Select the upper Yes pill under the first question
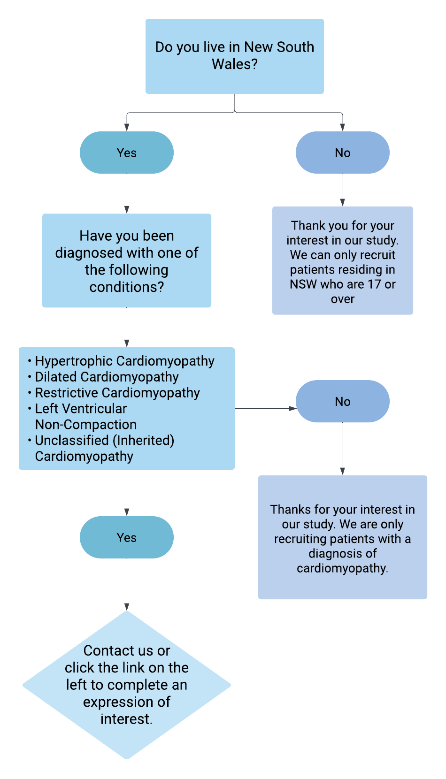coord(126,153)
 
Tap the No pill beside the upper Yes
coord(342,153)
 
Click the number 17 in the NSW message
coord(374,284)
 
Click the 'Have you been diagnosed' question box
coord(127,261)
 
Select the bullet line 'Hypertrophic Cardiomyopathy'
coord(124,361)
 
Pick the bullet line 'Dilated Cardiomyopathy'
coord(107,377)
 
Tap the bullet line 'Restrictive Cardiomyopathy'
coord(117,393)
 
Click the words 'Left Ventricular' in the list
coord(81,409)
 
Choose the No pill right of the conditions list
coord(342,402)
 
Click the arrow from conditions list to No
coord(266,409)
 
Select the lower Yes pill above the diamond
coord(126,538)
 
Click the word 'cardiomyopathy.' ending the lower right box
coord(342,568)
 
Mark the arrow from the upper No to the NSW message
coord(342,190)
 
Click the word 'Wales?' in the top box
coord(234,64)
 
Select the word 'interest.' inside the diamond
coord(126,719)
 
